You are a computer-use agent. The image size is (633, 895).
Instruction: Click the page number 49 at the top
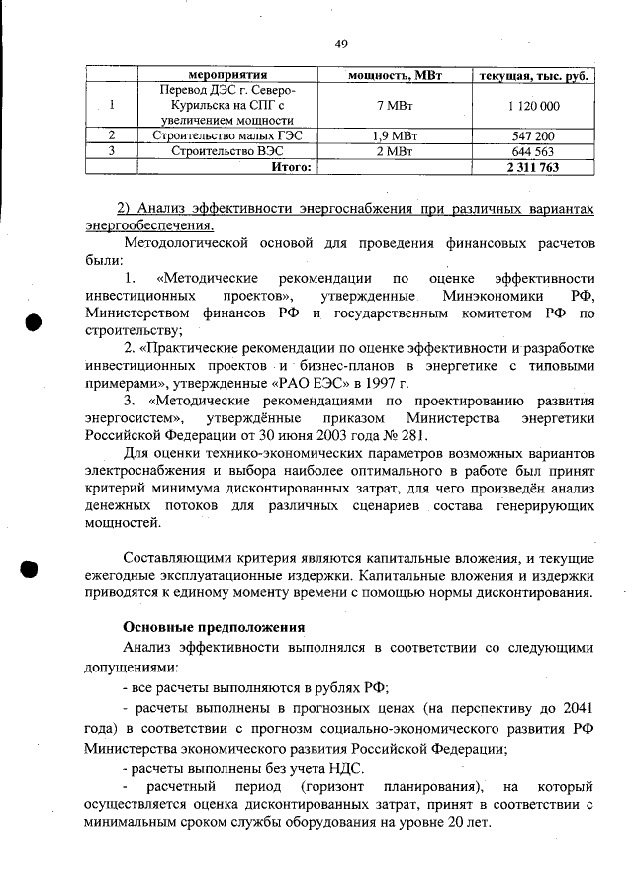coord(341,44)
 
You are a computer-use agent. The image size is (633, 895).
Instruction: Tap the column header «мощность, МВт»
coord(395,75)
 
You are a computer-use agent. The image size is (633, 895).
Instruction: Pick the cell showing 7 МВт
coord(395,106)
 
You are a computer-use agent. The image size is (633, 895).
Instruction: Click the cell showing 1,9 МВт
coord(395,135)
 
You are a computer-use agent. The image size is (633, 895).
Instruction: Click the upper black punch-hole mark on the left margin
coord(32,323)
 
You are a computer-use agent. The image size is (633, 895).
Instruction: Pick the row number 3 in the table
coord(112,151)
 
